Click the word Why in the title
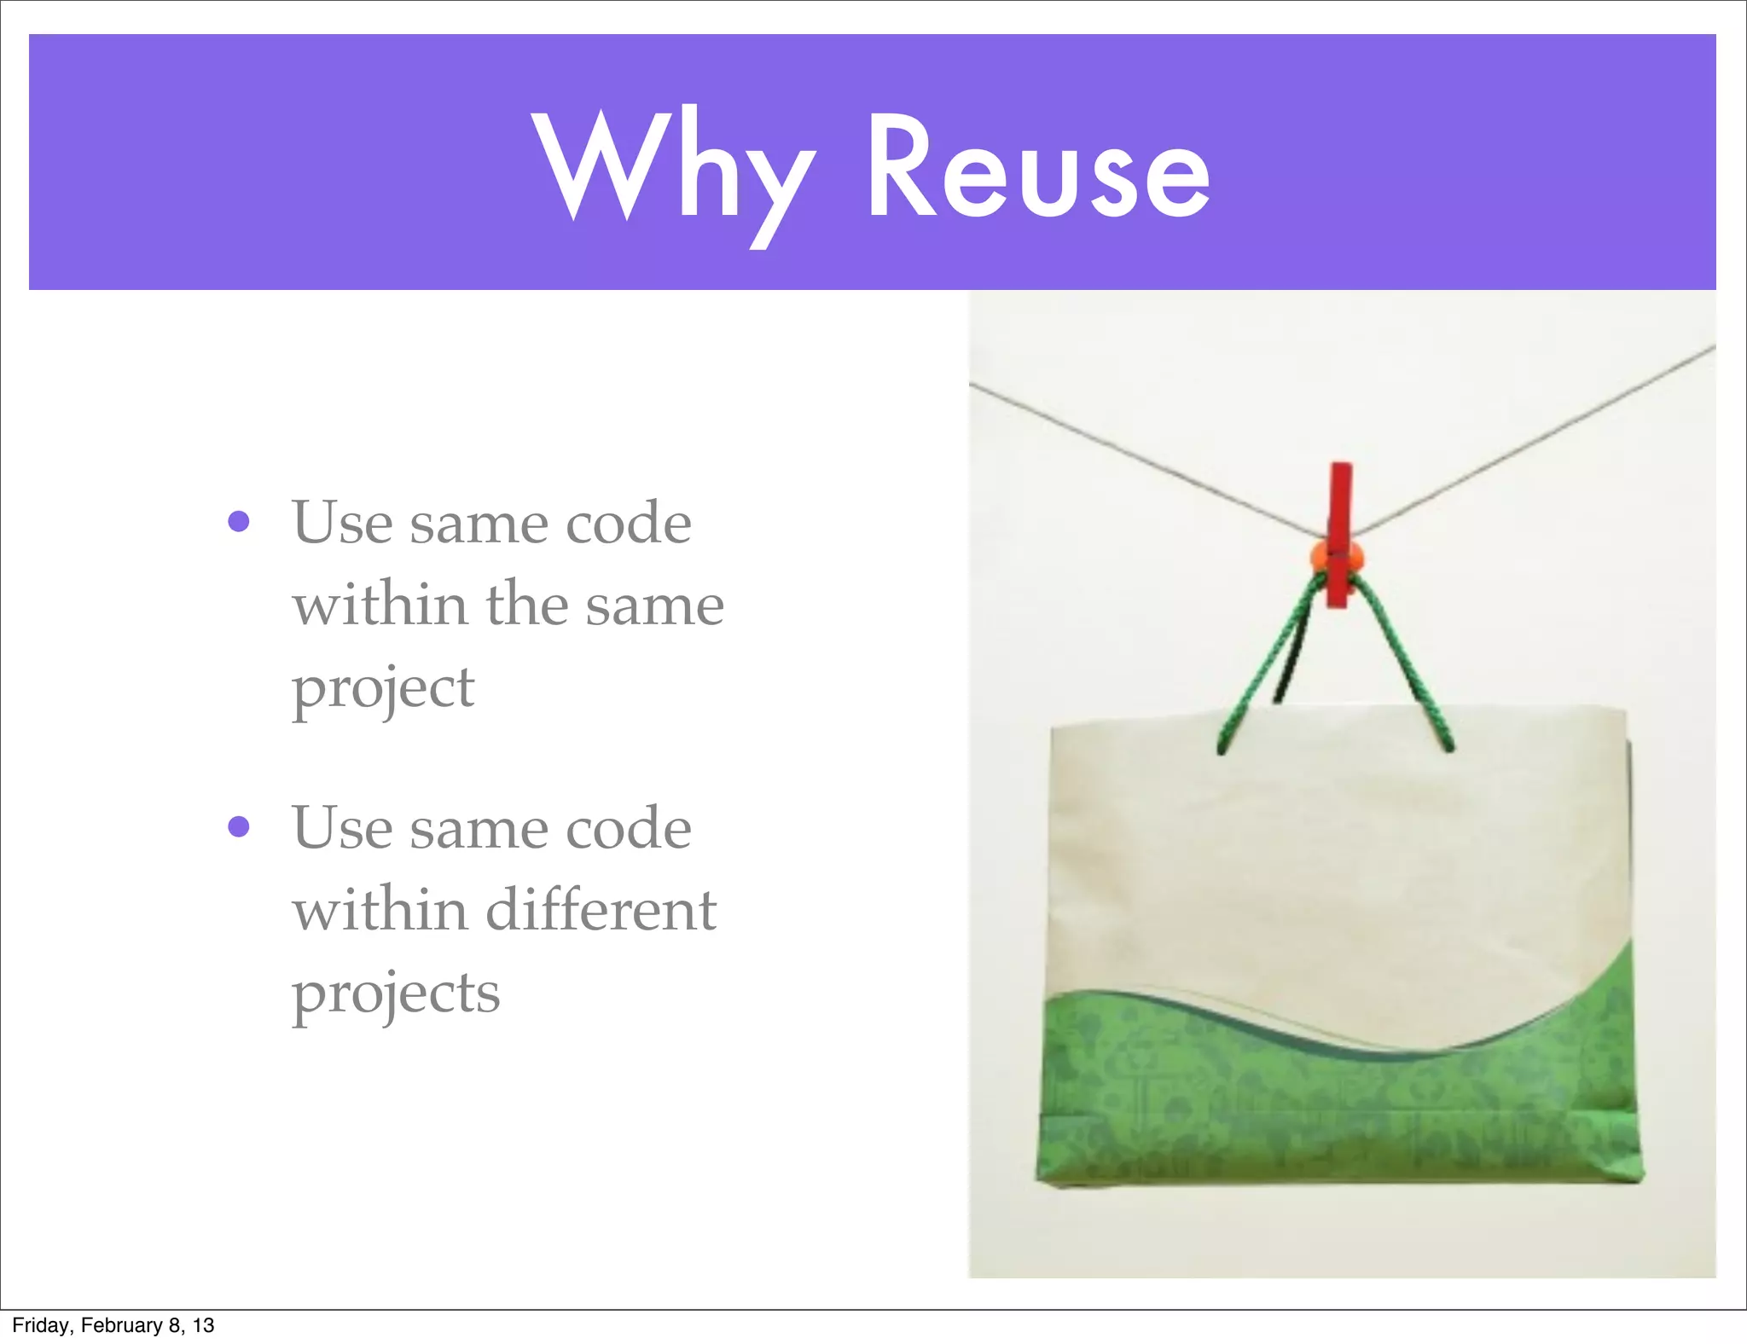(x=674, y=171)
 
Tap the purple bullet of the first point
(x=239, y=521)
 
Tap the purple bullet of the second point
(x=239, y=826)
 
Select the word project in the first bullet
(x=382, y=689)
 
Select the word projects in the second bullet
(x=396, y=994)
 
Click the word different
(x=601, y=910)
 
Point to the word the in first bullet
(x=526, y=605)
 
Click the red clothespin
(x=1340, y=503)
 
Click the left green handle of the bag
(x=1262, y=674)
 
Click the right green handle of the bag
(x=1407, y=674)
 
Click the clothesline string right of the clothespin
(x=1535, y=435)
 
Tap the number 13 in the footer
(x=203, y=1325)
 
